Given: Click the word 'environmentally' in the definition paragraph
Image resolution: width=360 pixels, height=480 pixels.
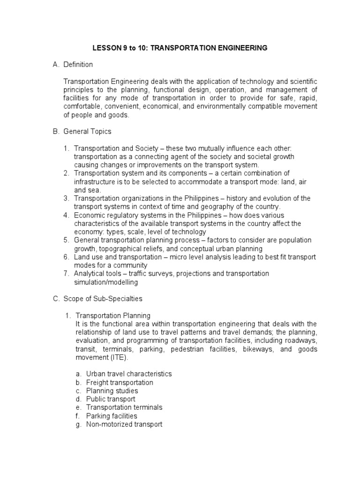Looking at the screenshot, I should pyautogui.click(x=243, y=106).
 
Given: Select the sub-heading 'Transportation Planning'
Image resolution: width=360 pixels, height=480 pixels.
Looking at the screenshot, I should pyautogui.click(x=113, y=315).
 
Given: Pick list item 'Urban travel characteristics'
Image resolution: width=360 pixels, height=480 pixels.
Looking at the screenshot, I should pyautogui.click(x=129, y=374).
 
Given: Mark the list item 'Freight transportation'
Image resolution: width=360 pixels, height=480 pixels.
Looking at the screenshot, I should pyautogui.click(x=120, y=382).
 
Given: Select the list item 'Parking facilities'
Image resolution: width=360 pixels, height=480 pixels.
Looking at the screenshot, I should pyautogui.click(x=112, y=416).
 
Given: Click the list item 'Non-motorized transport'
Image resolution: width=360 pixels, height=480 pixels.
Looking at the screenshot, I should pyautogui.click(x=124, y=425).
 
